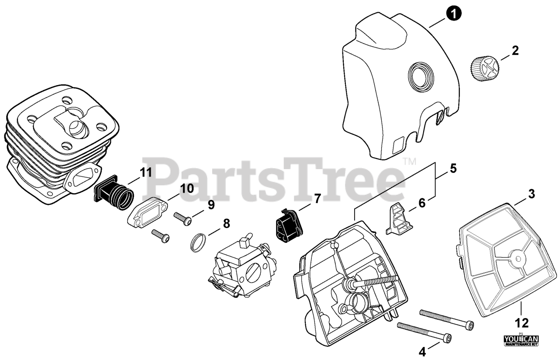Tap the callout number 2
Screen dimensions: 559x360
click(515, 51)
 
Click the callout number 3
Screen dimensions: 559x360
click(531, 194)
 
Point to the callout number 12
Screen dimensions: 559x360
click(522, 323)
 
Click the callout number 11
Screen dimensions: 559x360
click(146, 172)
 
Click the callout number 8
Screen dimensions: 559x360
click(226, 224)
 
